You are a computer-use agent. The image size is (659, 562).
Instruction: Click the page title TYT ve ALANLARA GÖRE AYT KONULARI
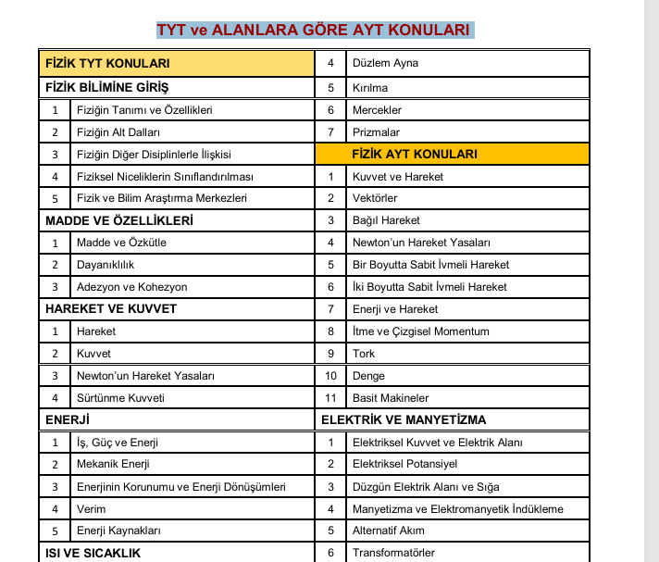pyautogui.click(x=315, y=30)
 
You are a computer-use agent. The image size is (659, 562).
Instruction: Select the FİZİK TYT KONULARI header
pyautogui.click(x=107, y=64)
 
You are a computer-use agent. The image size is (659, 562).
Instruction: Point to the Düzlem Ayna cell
pyautogui.click(x=385, y=64)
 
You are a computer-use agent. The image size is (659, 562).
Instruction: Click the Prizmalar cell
pyautogui.click(x=376, y=132)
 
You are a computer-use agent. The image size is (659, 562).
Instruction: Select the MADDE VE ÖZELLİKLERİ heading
pyautogui.click(x=119, y=220)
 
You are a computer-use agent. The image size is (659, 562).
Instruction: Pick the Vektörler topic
pyautogui.click(x=375, y=198)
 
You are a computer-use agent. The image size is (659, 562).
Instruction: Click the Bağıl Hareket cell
pyautogui.click(x=386, y=220)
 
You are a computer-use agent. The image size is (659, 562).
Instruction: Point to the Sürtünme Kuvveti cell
pyautogui.click(x=120, y=398)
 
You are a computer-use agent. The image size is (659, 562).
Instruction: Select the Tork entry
pyautogui.click(x=363, y=354)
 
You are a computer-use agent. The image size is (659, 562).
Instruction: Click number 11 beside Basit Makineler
pyautogui.click(x=330, y=398)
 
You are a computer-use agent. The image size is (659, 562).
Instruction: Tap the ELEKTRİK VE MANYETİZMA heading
pyautogui.click(x=404, y=420)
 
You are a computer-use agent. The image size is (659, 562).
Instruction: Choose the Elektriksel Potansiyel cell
pyautogui.click(x=404, y=464)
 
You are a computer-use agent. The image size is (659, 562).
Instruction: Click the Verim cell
pyautogui.click(x=92, y=509)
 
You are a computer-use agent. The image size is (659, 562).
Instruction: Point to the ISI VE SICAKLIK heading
pyautogui.click(x=93, y=553)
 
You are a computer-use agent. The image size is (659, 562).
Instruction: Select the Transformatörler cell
pyautogui.click(x=393, y=553)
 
